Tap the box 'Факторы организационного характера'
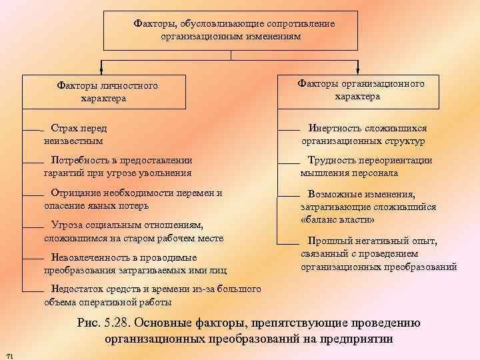[358, 89]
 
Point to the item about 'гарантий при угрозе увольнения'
[118, 166]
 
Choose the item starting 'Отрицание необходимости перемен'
[133, 199]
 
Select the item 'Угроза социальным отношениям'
[133, 231]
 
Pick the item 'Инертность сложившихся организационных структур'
[363, 135]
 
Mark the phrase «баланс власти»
[338, 220]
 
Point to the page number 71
[9, 353]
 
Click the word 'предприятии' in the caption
[357, 339]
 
